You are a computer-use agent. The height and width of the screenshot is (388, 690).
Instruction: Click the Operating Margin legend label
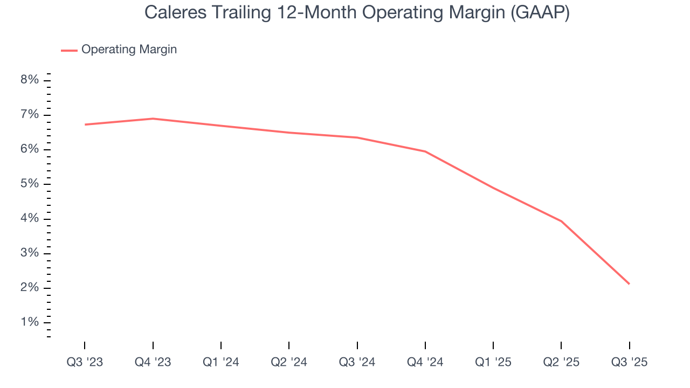(x=129, y=50)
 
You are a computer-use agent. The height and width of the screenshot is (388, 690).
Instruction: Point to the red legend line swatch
(x=69, y=50)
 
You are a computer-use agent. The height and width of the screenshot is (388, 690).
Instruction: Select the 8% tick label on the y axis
(x=30, y=80)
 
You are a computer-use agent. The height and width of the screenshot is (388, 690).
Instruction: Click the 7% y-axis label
(x=30, y=115)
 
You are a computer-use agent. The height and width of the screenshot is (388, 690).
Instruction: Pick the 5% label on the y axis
(x=30, y=184)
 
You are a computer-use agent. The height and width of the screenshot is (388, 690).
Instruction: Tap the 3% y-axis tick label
(x=30, y=253)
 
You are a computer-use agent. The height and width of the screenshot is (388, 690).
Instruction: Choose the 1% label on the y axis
(x=30, y=322)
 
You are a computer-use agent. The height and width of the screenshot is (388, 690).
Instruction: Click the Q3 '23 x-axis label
(x=85, y=362)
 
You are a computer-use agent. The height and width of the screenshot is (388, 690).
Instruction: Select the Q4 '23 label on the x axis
(x=153, y=362)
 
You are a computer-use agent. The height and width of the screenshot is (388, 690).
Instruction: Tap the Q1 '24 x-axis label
(x=221, y=362)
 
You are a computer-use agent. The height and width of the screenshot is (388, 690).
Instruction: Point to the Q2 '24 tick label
(x=289, y=362)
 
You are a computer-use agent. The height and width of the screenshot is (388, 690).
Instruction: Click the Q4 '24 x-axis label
(x=425, y=362)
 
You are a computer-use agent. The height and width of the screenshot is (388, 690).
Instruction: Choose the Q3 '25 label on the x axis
(x=629, y=362)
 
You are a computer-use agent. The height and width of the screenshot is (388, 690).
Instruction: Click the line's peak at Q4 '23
(x=153, y=119)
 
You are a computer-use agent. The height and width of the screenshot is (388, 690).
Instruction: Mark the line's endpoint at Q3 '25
(x=629, y=284)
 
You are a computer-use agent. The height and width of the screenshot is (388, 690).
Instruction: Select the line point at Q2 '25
(x=561, y=221)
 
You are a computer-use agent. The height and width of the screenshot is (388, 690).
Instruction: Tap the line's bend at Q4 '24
(x=425, y=151)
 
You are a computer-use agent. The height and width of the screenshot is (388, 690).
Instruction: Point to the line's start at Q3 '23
(x=85, y=124)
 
